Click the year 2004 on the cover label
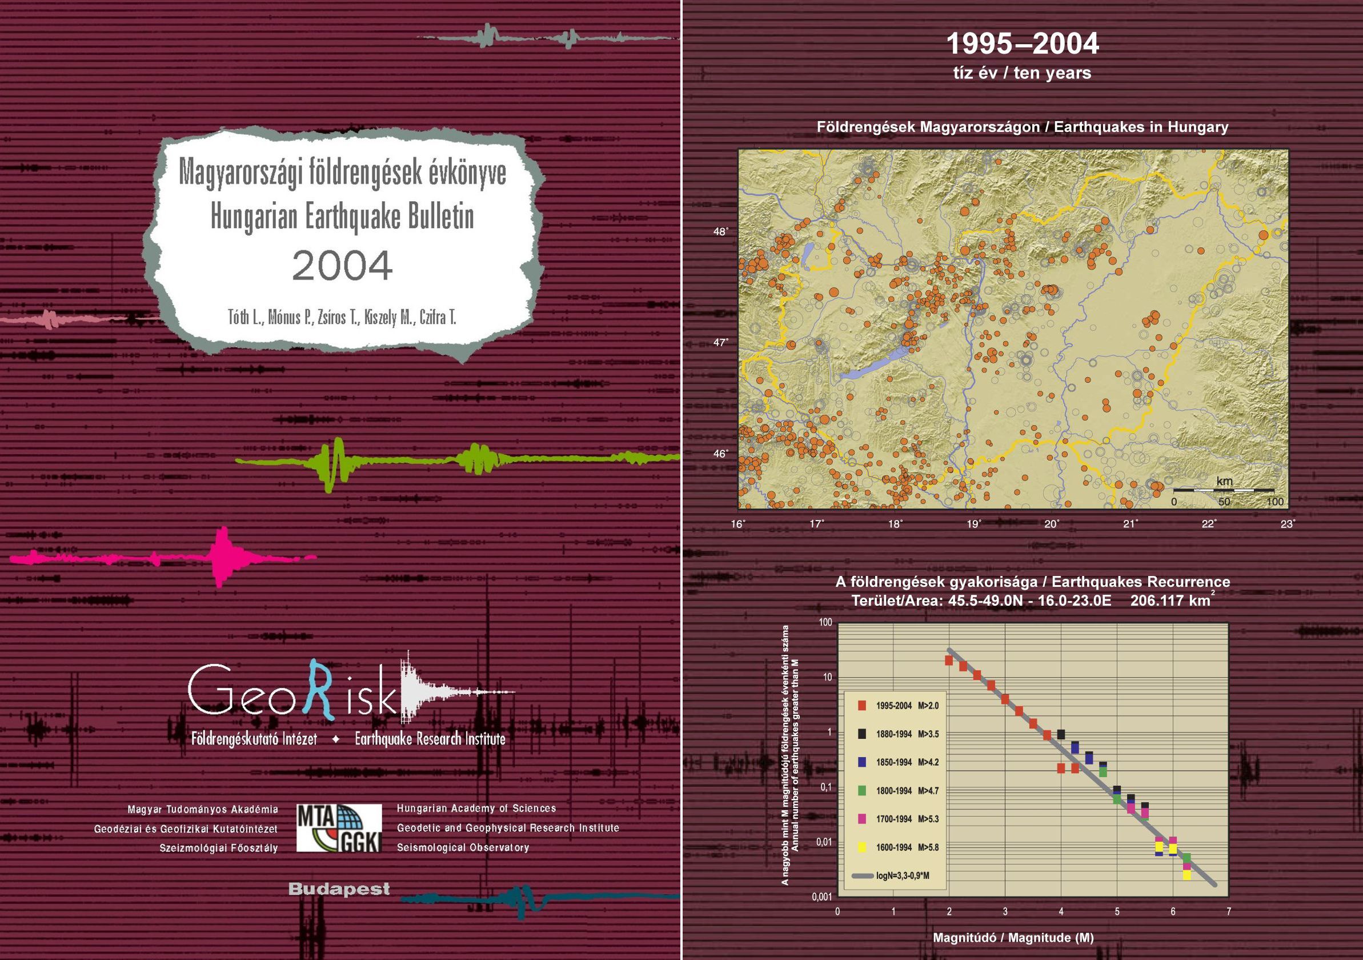[x=343, y=265]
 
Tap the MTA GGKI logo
[x=339, y=827]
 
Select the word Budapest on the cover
[x=339, y=889]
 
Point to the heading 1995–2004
[x=1023, y=44]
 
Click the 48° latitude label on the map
[x=721, y=231]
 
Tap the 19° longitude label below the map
[x=974, y=523]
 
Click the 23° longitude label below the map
[x=1288, y=523]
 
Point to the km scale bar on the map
[x=1224, y=490]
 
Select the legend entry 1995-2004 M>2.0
[x=898, y=705]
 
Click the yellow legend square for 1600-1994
[x=862, y=847]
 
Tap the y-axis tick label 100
[x=826, y=622]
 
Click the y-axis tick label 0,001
[x=822, y=897]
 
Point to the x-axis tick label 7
[x=1229, y=911]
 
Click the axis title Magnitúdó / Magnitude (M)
[x=1013, y=938]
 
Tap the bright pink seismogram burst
[x=223, y=557]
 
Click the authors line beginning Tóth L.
[x=343, y=318]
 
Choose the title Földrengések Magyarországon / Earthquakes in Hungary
[x=1023, y=127]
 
